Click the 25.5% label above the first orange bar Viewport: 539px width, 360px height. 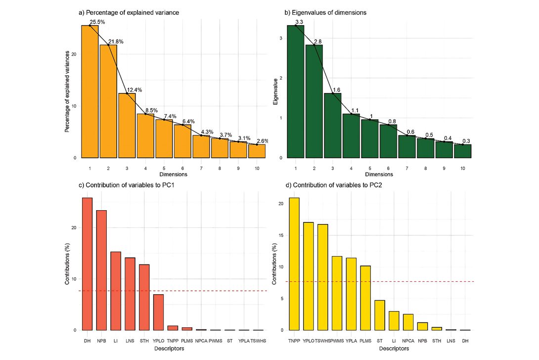click(98, 22)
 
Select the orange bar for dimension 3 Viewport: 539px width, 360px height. click(127, 126)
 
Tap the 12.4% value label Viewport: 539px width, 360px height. click(135, 90)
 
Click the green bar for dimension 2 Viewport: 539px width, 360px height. click(314, 101)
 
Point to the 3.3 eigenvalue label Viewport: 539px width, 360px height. click(299, 22)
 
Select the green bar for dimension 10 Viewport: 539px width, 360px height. click(462, 151)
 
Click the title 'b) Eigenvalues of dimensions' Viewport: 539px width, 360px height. click(325, 12)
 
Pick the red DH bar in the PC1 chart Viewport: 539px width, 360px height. click(87, 264)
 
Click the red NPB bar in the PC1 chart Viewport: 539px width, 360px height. click(101, 270)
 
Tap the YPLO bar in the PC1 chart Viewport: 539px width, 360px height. click(158, 312)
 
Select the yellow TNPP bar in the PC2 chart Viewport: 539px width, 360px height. click(294, 264)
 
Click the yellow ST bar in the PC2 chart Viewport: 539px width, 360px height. click(379, 315)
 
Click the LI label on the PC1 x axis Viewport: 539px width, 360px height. click(116, 341)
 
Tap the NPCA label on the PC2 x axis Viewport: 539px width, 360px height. click(408, 341)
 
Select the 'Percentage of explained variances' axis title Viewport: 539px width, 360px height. click(67, 92)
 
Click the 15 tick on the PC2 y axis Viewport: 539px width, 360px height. click(281, 235)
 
